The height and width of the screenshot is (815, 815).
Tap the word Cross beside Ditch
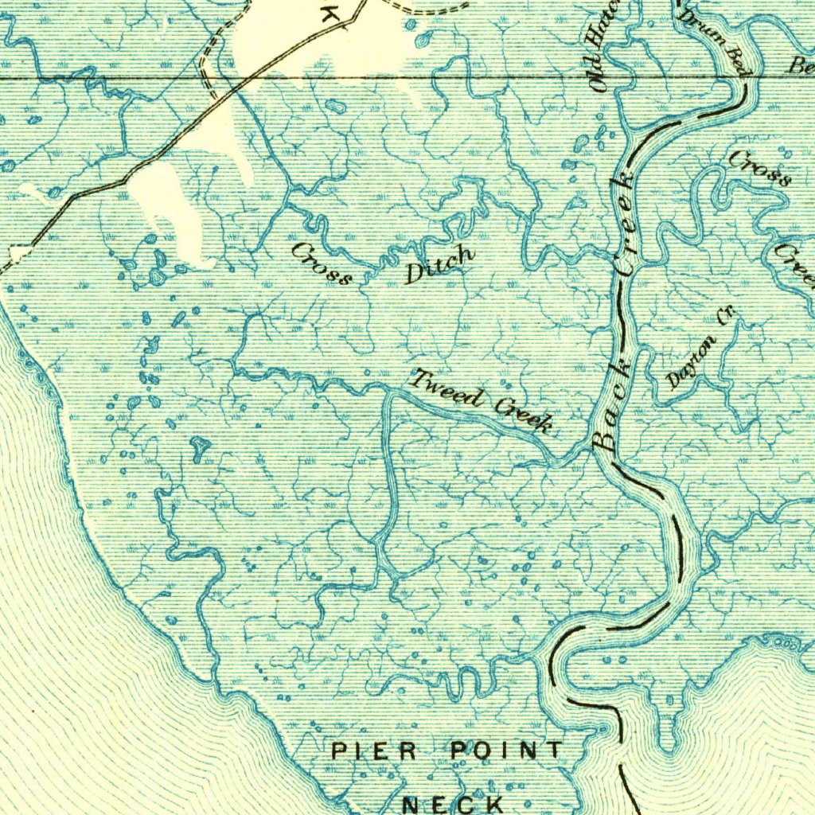321,263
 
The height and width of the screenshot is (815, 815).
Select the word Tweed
445,388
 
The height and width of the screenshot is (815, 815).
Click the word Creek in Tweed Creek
523,416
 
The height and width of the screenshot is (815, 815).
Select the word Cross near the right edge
760,168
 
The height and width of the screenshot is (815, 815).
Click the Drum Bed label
713,40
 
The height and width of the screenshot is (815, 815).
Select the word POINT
506,750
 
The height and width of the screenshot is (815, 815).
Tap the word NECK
453,805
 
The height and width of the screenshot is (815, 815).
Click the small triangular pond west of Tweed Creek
197,447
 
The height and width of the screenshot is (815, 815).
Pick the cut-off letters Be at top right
801,66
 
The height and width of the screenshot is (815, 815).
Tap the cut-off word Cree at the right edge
796,265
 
